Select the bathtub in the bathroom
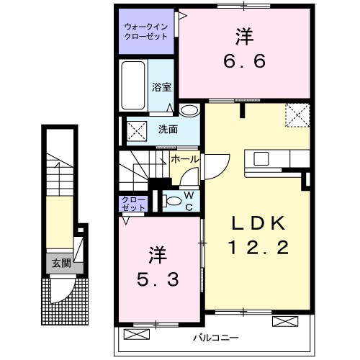click(135, 86)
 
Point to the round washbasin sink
click(189, 110)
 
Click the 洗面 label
click(168, 130)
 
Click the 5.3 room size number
click(158, 277)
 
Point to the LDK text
click(258, 223)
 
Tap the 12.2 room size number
click(258, 249)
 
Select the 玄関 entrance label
click(60, 263)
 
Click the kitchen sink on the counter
click(260, 158)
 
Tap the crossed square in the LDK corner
click(297, 114)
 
